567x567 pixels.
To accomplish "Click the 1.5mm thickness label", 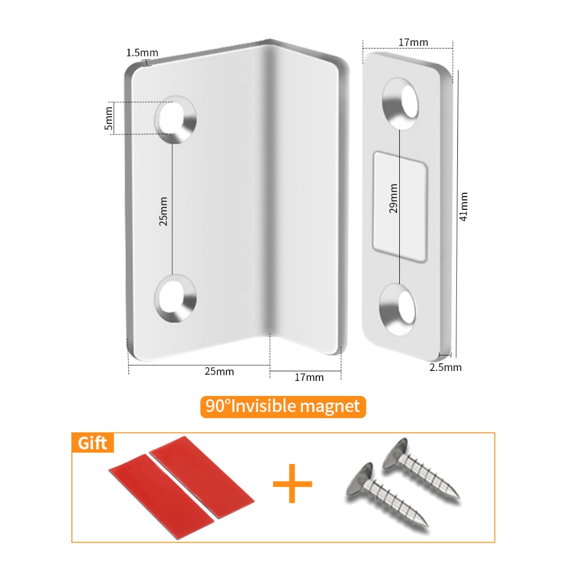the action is pos(142,53).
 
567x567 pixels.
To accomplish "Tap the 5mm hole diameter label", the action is pos(109,118).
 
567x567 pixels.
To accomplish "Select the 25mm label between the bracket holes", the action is pos(163,212).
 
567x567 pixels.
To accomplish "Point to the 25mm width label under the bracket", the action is pos(219,372).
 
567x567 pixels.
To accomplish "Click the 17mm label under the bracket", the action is pos(309,378).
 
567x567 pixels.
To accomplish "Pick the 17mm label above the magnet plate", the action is pos(413,42).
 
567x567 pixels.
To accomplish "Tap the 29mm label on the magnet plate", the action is pos(394,199).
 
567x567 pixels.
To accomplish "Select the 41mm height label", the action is pos(463,207).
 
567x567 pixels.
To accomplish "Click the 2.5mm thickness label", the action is pos(446,368).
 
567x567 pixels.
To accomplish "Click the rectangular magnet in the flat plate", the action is pos(400,207).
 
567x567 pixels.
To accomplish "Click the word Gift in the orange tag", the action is pos(92,443).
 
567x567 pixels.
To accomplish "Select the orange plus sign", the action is pos(292,483).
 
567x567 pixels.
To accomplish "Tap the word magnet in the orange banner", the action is pos(330,407).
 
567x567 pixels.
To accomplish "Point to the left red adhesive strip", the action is pos(162,497).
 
